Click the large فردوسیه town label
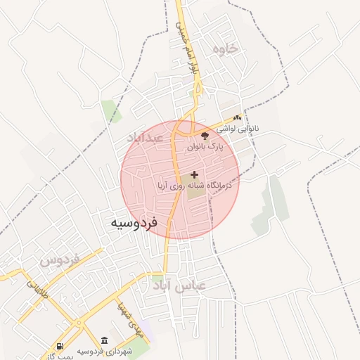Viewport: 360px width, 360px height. click(x=134, y=222)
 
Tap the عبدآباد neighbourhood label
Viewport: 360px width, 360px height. click(x=145, y=137)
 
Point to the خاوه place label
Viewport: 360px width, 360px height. click(x=224, y=49)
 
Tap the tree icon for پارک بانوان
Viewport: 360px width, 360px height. click(x=205, y=136)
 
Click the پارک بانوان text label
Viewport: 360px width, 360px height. click(x=205, y=148)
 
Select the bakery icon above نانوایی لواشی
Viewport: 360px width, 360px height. click(x=237, y=117)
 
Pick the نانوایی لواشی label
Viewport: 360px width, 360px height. click(x=238, y=129)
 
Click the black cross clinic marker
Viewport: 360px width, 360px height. click(x=195, y=174)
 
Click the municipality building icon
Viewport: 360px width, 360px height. click(x=105, y=340)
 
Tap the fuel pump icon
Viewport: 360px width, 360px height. click(x=60, y=347)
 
